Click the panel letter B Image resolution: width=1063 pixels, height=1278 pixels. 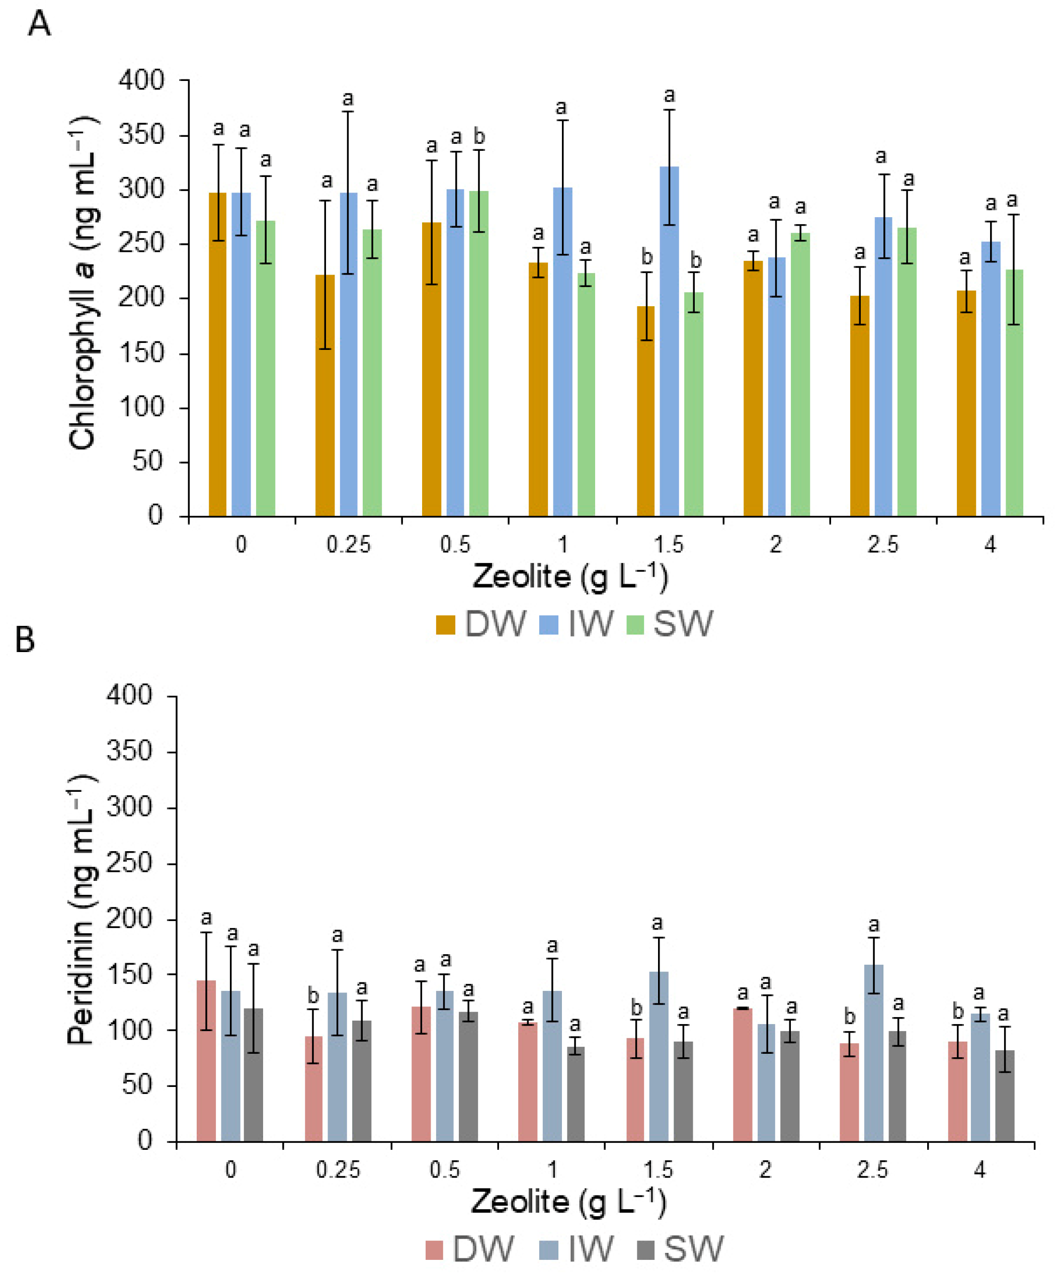point(25,640)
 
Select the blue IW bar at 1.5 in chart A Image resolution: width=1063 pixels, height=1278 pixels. point(669,341)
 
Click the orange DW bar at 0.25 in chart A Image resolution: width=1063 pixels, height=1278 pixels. point(325,396)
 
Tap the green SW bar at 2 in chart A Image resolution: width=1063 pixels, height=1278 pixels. point(800,374)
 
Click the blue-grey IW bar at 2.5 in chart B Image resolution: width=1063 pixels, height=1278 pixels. point(874,1053)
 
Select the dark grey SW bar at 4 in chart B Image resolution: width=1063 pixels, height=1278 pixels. point(1005,1096)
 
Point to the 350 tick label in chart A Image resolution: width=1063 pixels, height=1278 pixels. point(141,135)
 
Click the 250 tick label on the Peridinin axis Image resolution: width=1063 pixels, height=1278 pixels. point(129,862)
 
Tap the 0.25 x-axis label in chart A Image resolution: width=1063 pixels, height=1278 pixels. point(348,543)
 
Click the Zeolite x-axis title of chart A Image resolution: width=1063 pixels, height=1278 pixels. point(570,576)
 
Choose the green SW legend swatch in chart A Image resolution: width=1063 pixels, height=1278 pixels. point(635,625)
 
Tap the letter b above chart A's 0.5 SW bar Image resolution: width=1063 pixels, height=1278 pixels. point(479,136)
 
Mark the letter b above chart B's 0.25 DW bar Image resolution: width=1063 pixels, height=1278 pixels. point(313,996)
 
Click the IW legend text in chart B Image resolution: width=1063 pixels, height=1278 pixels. point(591,1249)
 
